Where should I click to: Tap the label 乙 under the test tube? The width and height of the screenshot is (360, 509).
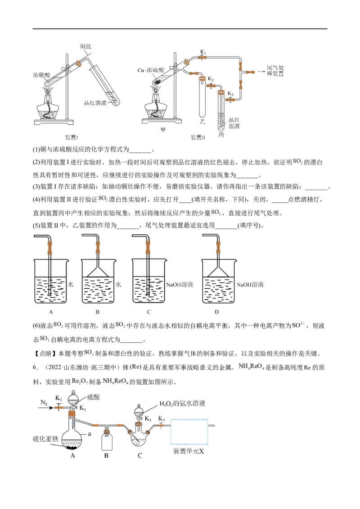(202, 121)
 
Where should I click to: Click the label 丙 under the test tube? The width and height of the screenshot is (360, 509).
(221, 134)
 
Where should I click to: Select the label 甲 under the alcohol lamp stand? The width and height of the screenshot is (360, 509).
(163, 130)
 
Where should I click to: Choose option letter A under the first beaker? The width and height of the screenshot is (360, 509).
(51, 312)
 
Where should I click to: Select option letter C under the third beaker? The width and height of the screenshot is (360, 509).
(148, 312)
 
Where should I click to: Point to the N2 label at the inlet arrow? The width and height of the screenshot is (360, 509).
(43, 403)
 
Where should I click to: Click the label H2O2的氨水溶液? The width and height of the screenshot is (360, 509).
(182, 403)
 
